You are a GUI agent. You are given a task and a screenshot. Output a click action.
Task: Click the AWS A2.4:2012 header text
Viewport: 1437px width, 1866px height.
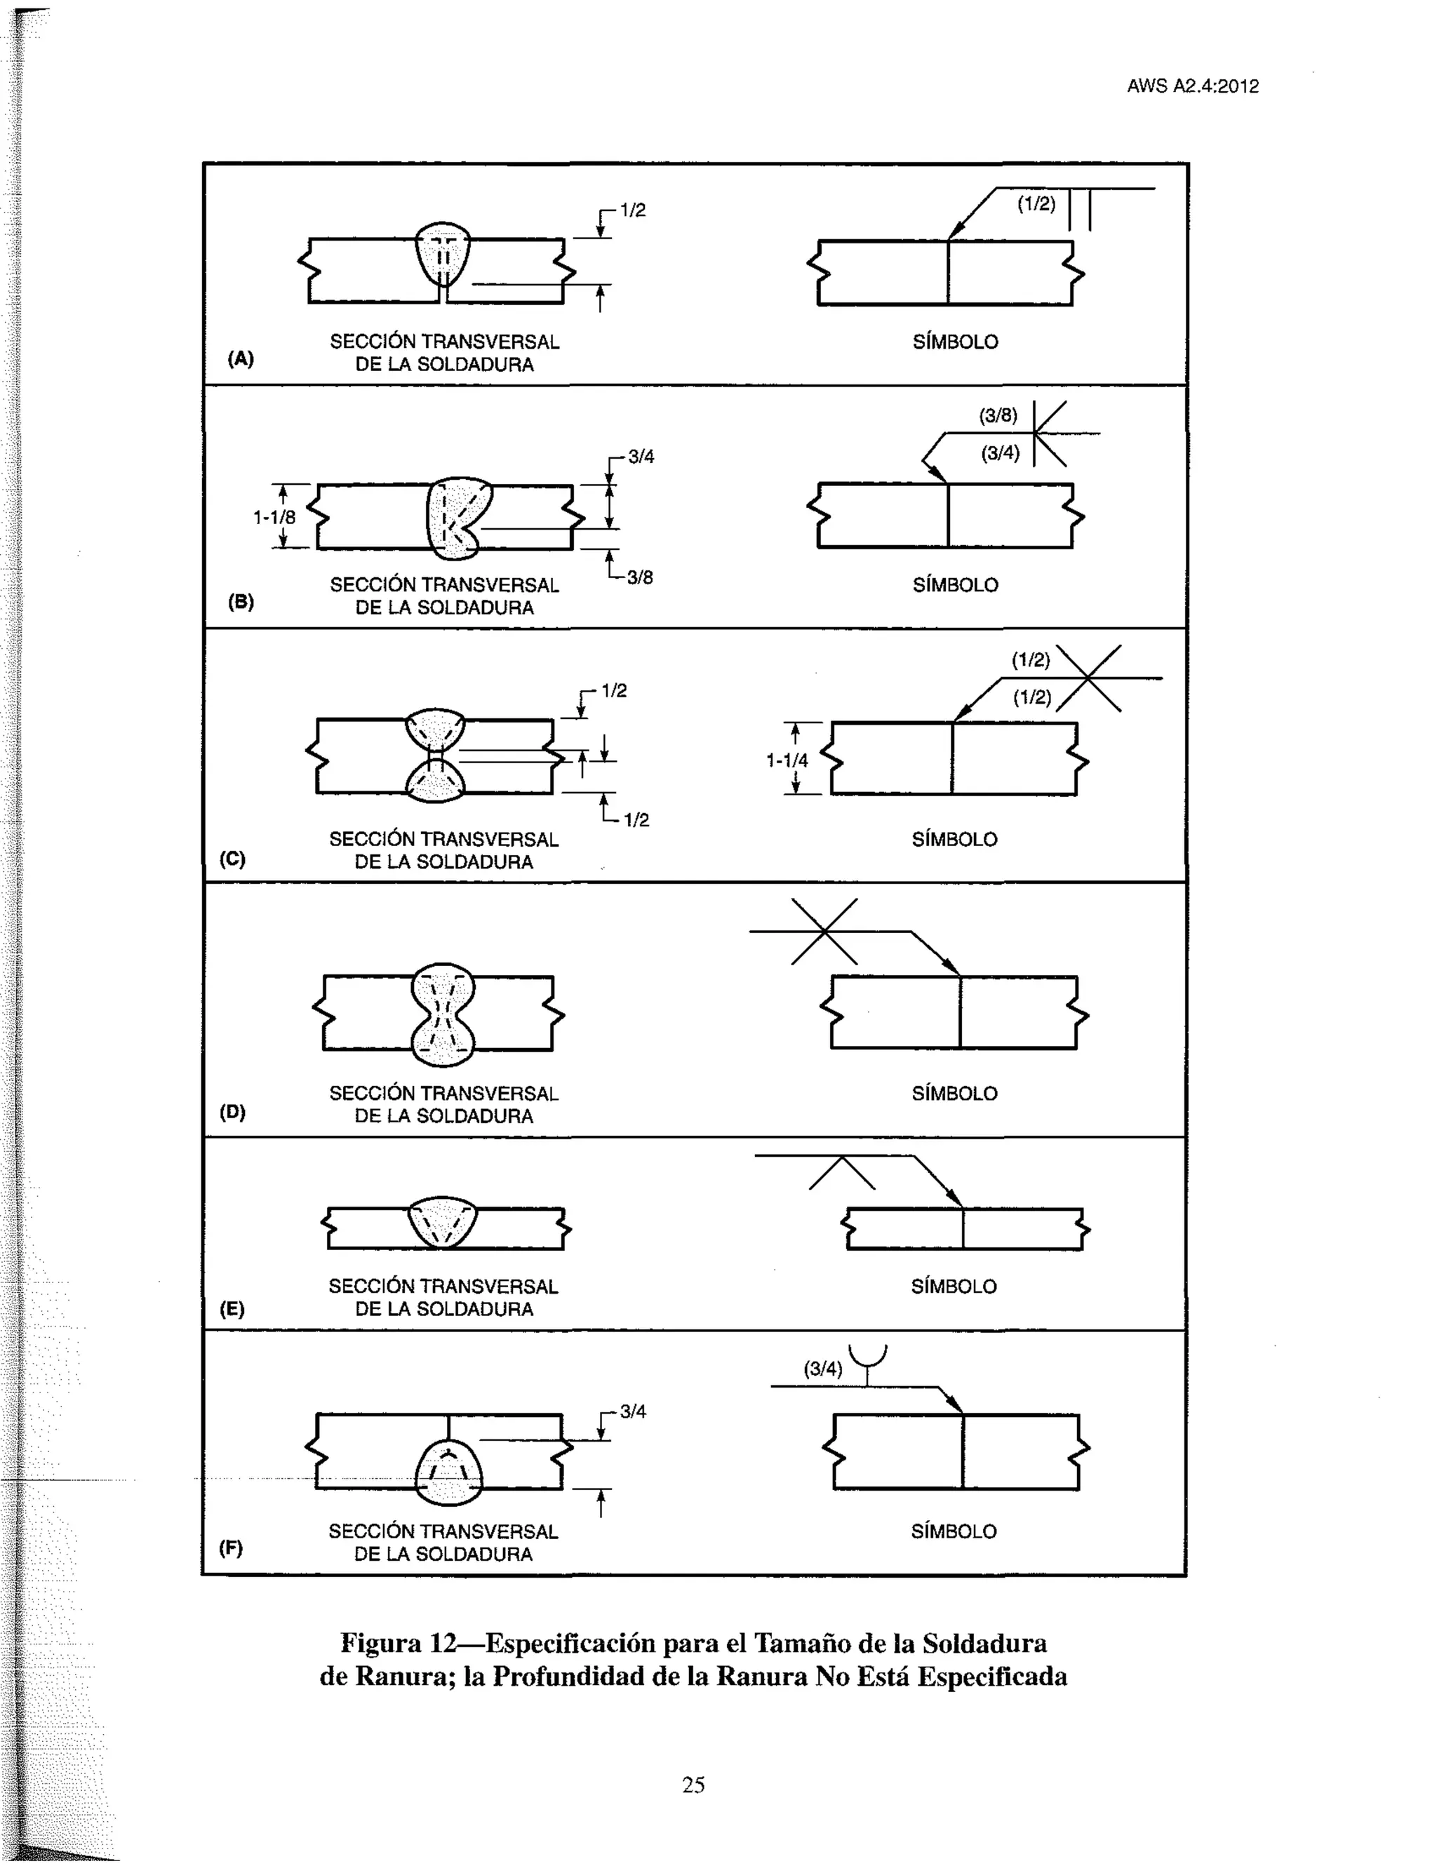click(x=1192, y=86)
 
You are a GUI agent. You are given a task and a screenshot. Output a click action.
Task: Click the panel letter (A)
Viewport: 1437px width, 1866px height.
click(x=241, y=359)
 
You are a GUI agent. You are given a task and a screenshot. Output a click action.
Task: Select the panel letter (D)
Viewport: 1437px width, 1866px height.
click(x=232, y=1112)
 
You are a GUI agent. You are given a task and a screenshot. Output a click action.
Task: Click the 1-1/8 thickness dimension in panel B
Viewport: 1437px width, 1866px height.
click(x=274, y=517)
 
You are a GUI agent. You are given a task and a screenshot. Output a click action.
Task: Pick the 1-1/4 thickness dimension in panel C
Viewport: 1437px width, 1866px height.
click(x=787, y=760)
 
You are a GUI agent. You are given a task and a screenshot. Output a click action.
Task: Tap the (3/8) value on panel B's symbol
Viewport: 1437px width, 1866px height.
click(x=998, y=416)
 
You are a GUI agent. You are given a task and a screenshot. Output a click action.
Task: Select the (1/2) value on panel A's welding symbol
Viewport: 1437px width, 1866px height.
click(x=1036, y=203)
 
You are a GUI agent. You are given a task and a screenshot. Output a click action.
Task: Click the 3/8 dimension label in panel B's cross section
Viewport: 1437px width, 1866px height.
click(x=640, y=577)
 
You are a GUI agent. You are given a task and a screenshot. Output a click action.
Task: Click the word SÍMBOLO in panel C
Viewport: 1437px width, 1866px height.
click(x=954, y=840)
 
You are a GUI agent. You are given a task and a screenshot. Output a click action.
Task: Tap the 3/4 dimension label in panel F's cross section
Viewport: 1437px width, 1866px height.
click(x=633, y=1411)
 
